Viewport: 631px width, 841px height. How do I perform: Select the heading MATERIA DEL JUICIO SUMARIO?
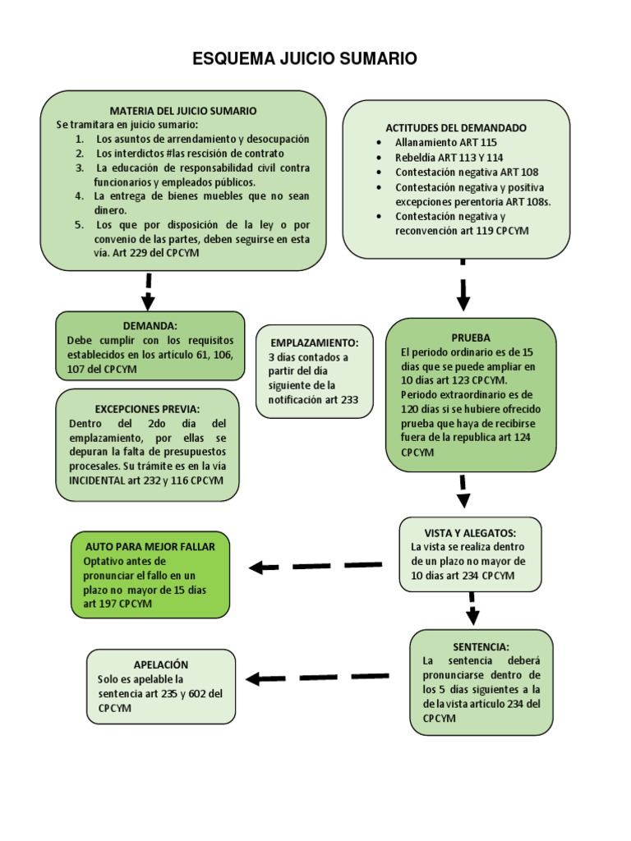coord(183,110)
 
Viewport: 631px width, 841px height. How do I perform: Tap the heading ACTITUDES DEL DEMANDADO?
coord(456,128)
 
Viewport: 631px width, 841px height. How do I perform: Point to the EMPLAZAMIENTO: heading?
coord(313,342)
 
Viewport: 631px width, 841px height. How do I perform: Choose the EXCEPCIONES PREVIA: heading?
coord(147,408)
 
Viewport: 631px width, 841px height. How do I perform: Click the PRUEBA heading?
coord(471,338)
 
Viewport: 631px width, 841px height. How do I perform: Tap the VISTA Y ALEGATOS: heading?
coord(470,532)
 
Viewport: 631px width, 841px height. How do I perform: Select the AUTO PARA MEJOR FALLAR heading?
coord(150,546)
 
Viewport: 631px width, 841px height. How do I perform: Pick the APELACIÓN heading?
coord(161,664)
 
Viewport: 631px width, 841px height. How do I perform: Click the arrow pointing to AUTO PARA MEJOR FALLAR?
coord(315,566)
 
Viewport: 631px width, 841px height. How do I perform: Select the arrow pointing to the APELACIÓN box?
coord(316,678)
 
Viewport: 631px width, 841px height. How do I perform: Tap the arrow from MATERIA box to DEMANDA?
coord(149,290)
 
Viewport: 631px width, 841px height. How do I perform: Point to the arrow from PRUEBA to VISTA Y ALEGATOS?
coord(463,491)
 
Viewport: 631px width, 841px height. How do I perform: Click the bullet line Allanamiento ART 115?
coord(446,142)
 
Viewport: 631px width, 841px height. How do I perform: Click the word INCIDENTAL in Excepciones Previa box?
coord(99,482)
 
